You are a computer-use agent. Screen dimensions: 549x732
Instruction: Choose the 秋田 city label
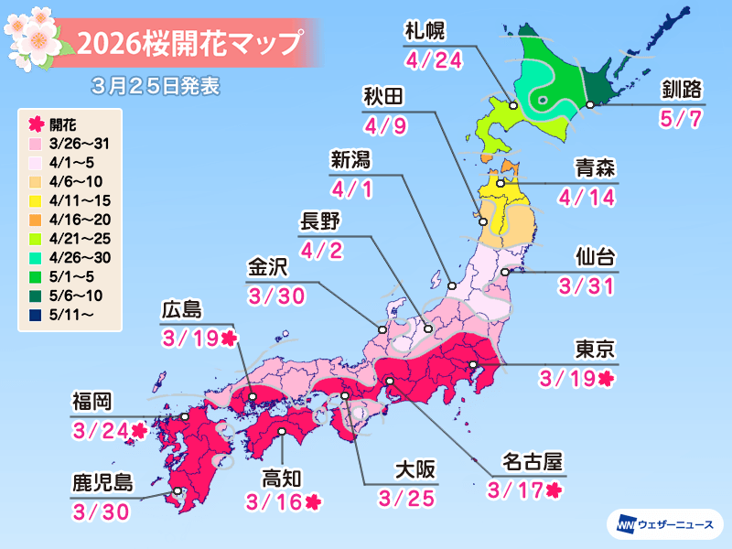(x=382, y=99)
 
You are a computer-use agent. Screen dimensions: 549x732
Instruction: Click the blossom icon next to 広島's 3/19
(x=229, y=339)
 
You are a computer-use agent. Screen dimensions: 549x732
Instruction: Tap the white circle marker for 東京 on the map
(x=473, y=366)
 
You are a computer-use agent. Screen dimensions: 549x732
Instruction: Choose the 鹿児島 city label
(x=102, y=481)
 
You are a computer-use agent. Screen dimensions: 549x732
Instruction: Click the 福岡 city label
(x=94, y=401)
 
